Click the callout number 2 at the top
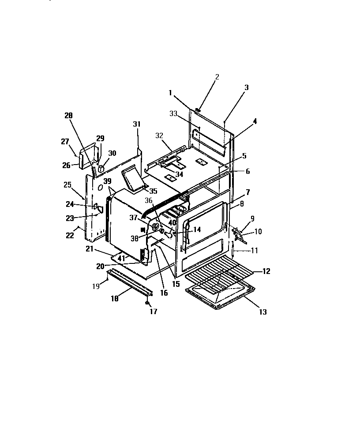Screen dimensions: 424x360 pyautogui.click(x=217, y=77)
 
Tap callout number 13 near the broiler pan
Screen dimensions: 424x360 pyautogui.click(x=262, y=312)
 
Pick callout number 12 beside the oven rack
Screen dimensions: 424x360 pyautogui.click(x=266, y=271)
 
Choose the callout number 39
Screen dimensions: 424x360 pyautogui.click(x=107, y=182)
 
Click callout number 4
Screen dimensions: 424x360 pyautogui.click(x=255, y=121)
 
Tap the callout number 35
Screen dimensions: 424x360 pyautogui.click(x=153, y=191)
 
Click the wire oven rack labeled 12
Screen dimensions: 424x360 pyautogui.click(x=218, y=278)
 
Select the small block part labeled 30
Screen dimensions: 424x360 pyautogui.click(x=101, y=168)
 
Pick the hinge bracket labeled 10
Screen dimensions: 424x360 pyautogui.click(x=239, y=234)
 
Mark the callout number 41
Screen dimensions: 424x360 pyautogui.click(x=121, y=258)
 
